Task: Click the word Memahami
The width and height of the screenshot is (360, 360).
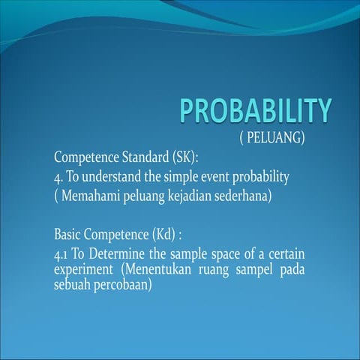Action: pyautogui.click(x=91, y=196)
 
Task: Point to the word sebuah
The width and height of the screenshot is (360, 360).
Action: pyautogui.click(x=73, y=283)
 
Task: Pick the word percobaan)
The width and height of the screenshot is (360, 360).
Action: pyautogui.click(x=125, y=283)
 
